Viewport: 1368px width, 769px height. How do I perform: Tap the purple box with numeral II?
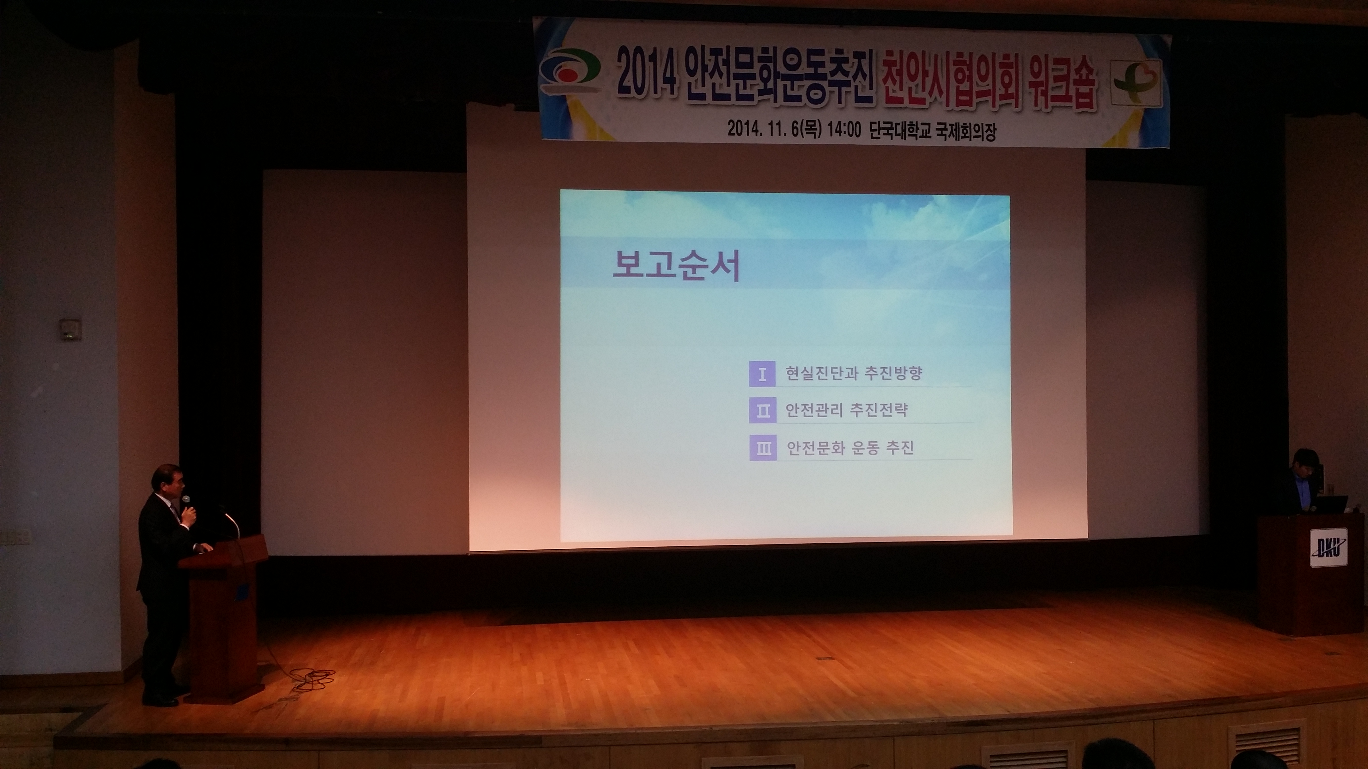click(763, 411)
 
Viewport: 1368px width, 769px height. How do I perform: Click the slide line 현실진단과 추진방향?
click(854, 373)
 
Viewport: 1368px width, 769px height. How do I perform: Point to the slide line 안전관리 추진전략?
click(846, 410)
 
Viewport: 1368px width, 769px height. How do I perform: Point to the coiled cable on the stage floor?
click(313, 678)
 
